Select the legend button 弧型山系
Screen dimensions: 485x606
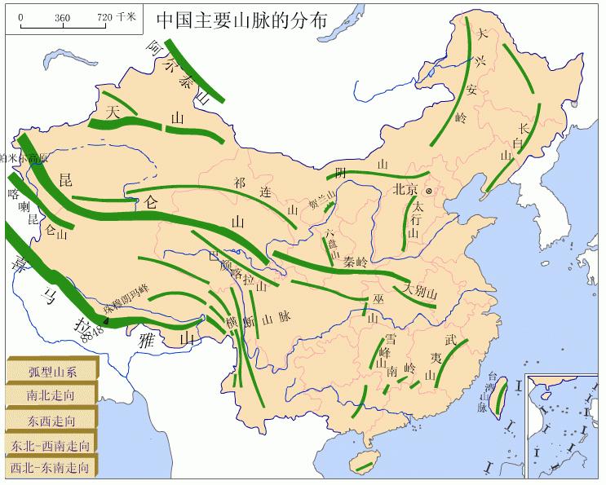[x=52, y=373]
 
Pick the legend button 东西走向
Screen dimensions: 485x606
[x=52, y=420]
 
